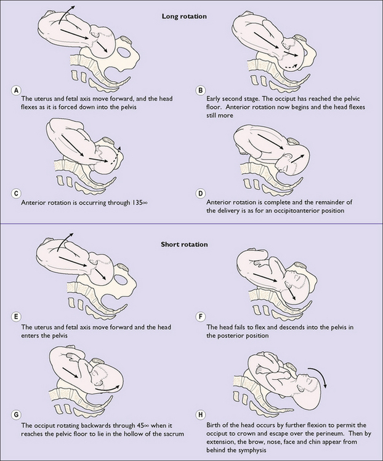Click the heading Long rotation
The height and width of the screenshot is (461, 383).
pos(184,16)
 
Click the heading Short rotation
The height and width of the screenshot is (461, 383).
pos(184,244)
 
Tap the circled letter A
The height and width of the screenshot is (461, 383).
pos(16,90)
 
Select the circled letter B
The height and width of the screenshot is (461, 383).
pos(200,90)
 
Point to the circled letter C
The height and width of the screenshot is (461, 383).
pos(16,194)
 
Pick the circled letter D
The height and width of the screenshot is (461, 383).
pos(200,194)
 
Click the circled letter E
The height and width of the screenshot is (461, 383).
pos(16,317)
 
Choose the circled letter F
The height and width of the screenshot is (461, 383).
pos(200,317)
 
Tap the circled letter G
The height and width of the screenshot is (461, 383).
pos(16,415)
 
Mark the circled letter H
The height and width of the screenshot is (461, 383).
pos(200,415)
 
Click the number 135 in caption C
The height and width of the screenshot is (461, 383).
pos(137,203)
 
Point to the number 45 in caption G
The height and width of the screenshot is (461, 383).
pos(140,425)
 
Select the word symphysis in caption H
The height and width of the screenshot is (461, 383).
pos(254,450)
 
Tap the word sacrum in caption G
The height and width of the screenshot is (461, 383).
pos(174,434)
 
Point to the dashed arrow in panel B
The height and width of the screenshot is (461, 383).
pos(292,67)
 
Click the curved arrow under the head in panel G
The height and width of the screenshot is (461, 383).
pos(107,389)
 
